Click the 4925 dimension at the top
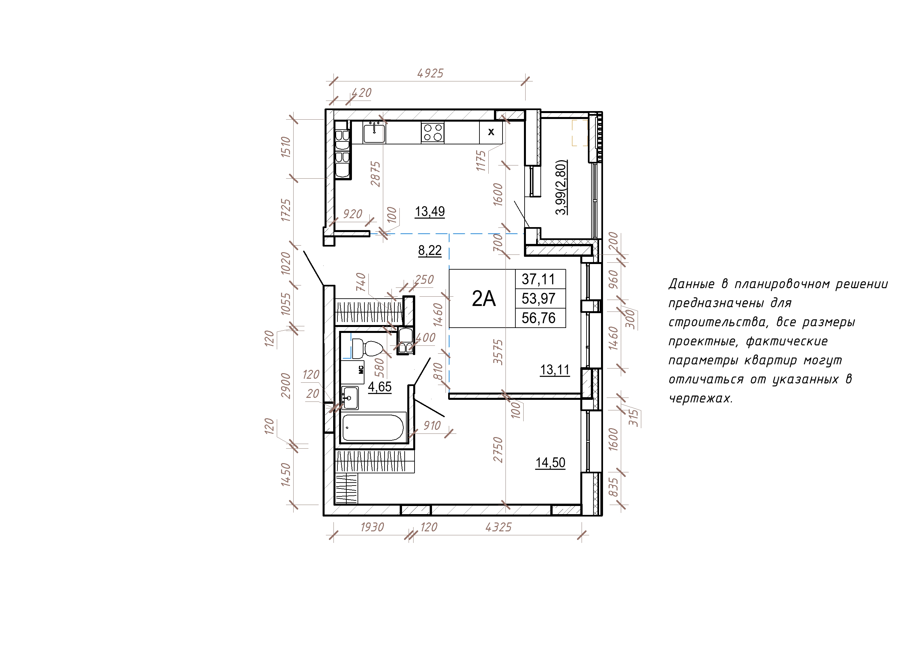point(430,73)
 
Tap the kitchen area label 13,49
point(430,211)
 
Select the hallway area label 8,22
point(430,250)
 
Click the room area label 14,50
point(550,462)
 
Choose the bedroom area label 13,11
point(555,370)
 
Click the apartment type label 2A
point(483,299)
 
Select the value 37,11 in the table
point(538,279)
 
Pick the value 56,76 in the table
point(538,318)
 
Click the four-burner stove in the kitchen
point(432,133)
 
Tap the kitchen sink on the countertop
point(374,133)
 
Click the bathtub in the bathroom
point(373,428)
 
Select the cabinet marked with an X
point(491,132)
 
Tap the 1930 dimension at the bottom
point(372,527)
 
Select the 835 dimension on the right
point(613,487)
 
